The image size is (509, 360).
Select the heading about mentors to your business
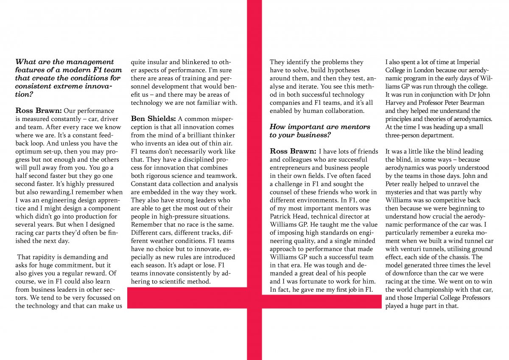[x=320, y=131]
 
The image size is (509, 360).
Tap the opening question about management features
[x=68, y=79]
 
